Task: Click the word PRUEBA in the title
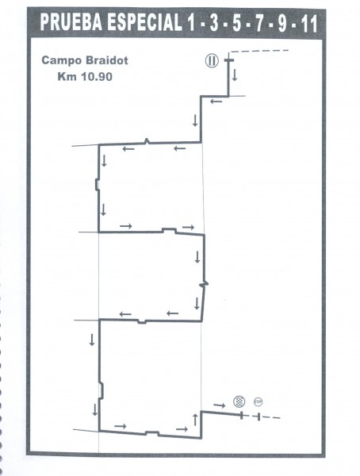click(x=71, y=23)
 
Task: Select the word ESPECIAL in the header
click(x=144, y=23)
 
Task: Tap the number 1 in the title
click(x=190, y=23)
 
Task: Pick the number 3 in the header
click(x=214, y=23)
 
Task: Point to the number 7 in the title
click(x=259, y=23)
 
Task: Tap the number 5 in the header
click(x=237, y=23)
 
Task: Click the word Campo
click(x=62, y=60)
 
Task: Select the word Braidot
click(x=106, y=60)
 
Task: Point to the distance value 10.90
click(x=97, y=76)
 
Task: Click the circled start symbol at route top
click(x=212, y=61)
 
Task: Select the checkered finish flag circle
click(x=239, y=401)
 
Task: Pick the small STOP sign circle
click(x=258, y=402)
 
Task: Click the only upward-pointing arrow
click(x=195, y=419)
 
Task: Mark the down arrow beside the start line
click(x=235, y=75)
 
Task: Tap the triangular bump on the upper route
click(x=147, y=141)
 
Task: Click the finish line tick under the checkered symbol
click(x=242, y=415)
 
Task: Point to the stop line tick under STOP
click(x=259, y=416)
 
